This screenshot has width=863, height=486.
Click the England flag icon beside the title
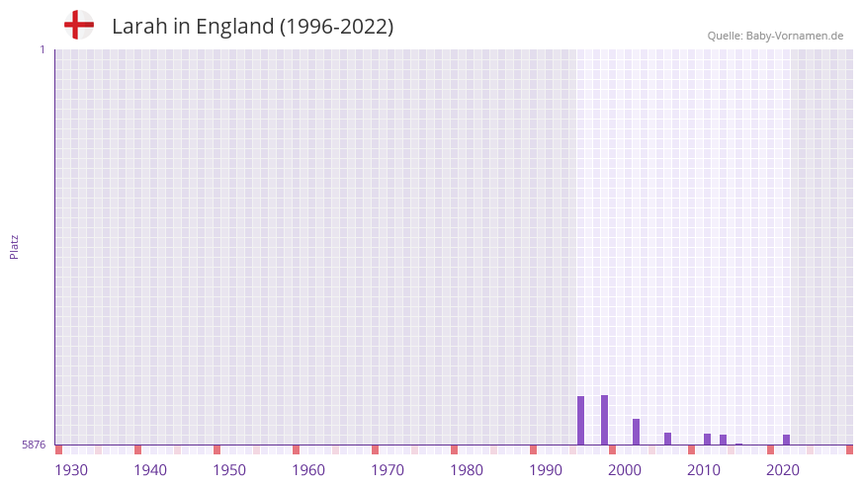(x=78, y=25)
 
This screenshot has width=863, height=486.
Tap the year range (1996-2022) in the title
(x=336, y=27)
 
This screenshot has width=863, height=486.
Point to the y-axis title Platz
(x=14, y=246)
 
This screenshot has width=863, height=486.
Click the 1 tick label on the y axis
(x=42, y=49)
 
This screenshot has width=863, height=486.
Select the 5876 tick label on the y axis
(x=34, y=445)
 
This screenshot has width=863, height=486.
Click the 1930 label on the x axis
(x=71, y=470)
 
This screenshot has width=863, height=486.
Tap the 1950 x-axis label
(x=229, y=470)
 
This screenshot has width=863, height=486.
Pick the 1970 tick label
(x=388, y=470)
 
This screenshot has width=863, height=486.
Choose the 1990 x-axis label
(x=546, y=470)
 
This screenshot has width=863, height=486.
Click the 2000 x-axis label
(x=625, y=470)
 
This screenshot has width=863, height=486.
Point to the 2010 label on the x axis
(x=704, y=470)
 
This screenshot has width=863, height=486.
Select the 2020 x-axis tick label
(x=783, y=470)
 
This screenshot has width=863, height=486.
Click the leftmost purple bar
(x=581, y=420)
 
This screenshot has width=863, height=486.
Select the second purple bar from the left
(x=605, y=420)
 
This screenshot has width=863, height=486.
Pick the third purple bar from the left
(x=637, y=432)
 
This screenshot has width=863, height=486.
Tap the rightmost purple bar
(x=787, y=440)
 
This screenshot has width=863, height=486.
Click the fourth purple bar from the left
(x=668, y=439)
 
